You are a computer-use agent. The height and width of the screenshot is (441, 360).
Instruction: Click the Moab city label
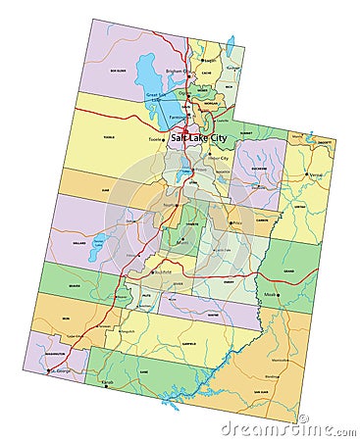pyautogui.click(x=270, y=293)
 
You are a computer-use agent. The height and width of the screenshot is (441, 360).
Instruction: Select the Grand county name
pyautogui.click(x=288, y=268)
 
